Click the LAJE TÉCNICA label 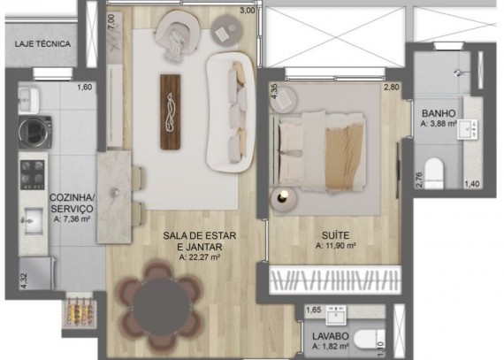click(42, 44)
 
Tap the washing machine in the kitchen click(35, 132)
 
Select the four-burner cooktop click(33, 174)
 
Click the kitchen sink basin click(33, 221)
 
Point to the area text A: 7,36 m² click(72, 219)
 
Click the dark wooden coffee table click(171, 111)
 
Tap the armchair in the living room click(178, 34)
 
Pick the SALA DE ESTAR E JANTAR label click(200, 241)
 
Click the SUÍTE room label click(335, 235)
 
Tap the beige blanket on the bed click(343, 158)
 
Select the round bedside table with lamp click(284, 199)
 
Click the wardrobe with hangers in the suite click(335, 280)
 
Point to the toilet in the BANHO click(434, 172)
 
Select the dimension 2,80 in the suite click(391, 87)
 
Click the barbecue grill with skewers click(80, 310)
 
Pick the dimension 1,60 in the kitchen click(85, 87)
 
